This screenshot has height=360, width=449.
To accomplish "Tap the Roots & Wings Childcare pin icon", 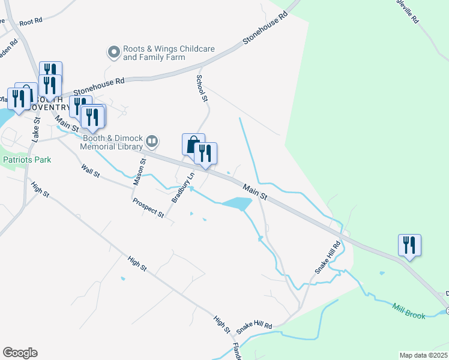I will tap(113, 53).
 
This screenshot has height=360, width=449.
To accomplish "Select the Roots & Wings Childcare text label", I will tap(154, 53).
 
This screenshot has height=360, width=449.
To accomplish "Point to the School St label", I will tap(202, 88).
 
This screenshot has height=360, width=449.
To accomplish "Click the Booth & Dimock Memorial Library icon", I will tap(152, 142).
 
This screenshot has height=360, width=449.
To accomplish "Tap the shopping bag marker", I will tap(193, 145).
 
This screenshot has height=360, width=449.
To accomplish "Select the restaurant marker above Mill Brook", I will tap(409, 245).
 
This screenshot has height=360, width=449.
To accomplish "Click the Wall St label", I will tap(90, 169).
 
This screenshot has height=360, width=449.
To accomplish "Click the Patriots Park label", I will tap(27, 160).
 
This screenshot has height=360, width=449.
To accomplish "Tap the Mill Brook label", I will tap(409, 311).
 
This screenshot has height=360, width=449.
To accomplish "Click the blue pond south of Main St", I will tap(237, 204).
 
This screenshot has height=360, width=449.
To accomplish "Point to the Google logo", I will tap(20, 353).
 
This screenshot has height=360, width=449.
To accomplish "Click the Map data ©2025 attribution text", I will tap(424, 355).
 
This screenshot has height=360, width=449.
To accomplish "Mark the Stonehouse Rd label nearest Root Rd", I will tap(98, 86).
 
